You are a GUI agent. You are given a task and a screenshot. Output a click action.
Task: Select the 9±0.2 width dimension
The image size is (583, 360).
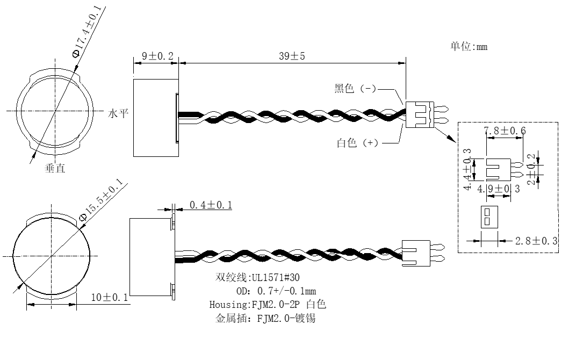(x=157, y=56)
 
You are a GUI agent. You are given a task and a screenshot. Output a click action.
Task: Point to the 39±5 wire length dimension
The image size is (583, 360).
(x=292, y=56)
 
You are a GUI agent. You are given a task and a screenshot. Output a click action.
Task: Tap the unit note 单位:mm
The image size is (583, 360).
(x=469, y=47)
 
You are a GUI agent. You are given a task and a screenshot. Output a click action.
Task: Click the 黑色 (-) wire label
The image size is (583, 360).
(x=355, y=89)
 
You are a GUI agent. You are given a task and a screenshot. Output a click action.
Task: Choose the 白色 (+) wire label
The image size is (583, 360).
(x=357, y=143)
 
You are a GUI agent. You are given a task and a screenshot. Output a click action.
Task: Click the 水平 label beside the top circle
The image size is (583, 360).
(x=118, y=113)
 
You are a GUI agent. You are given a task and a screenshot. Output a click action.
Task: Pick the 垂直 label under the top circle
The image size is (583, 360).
(x=55, y=168)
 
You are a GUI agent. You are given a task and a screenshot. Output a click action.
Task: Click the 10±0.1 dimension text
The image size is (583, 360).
(x=109, y=298)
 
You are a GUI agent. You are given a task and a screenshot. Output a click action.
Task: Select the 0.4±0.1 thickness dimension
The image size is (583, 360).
(x=211, y=205)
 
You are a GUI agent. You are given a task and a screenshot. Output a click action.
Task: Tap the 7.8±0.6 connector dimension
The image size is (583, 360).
(x=505, y=131)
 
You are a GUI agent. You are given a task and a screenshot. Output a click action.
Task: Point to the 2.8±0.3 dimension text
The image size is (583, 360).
(x=536, y=241)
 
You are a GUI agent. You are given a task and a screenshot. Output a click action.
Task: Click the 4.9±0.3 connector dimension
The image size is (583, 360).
(x=499, y=189)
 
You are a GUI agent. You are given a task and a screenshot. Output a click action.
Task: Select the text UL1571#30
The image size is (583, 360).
(x=276, y=277)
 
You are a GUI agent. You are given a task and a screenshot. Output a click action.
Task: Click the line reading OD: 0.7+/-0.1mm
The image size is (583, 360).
(x=276, y=291)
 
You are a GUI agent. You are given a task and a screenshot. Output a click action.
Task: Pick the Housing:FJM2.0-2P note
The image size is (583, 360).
(x=254, y=305)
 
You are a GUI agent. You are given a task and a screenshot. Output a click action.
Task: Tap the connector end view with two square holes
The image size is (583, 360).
(x=490, y=217)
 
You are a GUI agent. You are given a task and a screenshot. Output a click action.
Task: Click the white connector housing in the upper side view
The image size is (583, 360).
(x=420, y=114)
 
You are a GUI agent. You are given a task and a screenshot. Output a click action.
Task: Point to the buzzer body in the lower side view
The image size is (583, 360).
(x=152, y=257)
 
